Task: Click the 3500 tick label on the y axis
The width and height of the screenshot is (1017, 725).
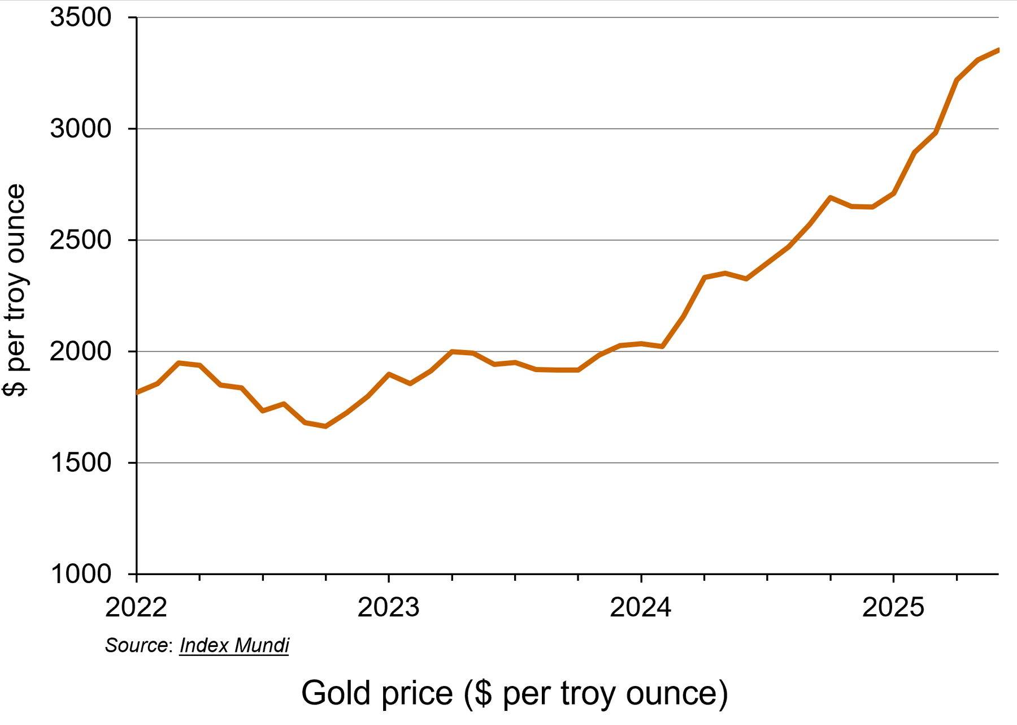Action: click(81, 18)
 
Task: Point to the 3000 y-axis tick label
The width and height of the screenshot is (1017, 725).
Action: click(81, 129)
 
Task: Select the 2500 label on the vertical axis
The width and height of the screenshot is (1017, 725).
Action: click(81, 240)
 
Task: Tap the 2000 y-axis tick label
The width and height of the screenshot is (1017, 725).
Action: click(81, 352)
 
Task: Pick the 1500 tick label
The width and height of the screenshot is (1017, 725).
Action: click(81, 463)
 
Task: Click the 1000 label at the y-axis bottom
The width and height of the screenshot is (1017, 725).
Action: click(81, 575)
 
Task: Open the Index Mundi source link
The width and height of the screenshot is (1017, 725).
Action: click(234, 645)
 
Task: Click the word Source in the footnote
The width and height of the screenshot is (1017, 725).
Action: click(136, 645)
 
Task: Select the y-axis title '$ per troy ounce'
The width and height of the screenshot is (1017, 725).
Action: click(15, 290)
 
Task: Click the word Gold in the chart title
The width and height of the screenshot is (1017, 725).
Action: click(337, 693)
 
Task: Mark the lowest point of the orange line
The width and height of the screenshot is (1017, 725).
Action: click(325, 426)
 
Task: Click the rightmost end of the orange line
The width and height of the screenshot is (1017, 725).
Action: click(998, 50)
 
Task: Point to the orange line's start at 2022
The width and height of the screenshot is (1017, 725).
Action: click(138, 392)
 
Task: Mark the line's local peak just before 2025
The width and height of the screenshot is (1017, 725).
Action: click(830, 198)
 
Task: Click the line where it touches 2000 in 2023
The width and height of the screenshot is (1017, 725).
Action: click(452, 352)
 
